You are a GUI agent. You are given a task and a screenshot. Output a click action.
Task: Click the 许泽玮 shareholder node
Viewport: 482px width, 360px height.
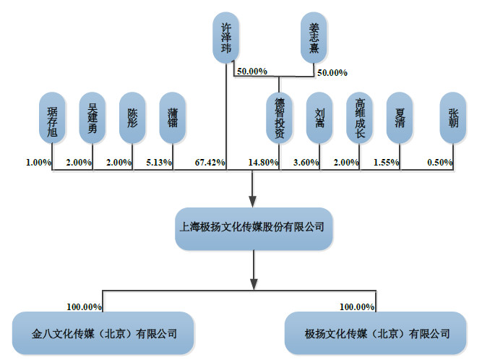226,37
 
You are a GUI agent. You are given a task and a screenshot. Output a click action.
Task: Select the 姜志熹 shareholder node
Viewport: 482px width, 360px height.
314,37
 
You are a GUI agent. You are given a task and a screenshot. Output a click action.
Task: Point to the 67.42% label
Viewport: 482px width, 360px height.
210,163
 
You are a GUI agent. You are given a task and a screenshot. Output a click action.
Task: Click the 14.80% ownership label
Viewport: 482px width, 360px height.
263,163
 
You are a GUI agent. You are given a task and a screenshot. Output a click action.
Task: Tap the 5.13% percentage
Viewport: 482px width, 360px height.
159,163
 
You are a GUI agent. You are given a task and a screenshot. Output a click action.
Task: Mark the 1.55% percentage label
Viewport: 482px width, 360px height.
386,163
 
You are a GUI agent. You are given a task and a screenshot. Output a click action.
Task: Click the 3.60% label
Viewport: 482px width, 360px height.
305,163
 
